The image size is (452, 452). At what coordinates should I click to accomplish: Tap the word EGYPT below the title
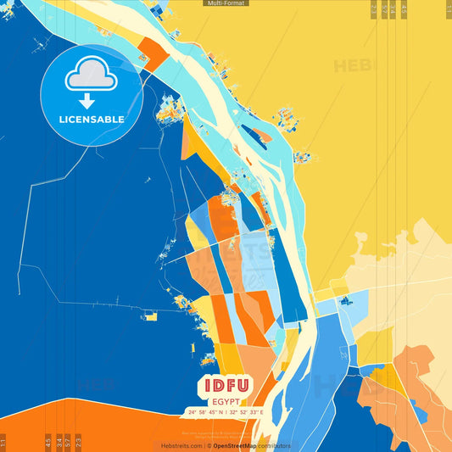click(x=226, y=402)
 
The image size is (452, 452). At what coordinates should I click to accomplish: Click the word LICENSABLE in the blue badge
click(x=92, y=120)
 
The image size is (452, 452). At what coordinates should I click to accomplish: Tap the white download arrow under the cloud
click(x=86, y=101)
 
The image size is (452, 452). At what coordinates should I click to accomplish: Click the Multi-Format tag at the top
click(x=226, y=3)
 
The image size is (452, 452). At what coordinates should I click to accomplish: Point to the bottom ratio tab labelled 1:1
click(x=3, y=442)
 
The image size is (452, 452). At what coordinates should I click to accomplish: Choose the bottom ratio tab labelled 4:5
click(x=48, y=442)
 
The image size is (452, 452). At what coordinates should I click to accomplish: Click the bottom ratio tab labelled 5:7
click(x=68, y=442)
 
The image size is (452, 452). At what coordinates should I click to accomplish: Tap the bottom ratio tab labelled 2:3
click(x=79, y=442)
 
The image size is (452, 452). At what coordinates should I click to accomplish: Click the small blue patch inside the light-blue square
click(x=345, y=300)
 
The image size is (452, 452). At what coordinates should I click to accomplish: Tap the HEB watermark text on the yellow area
click(x=352, y=66)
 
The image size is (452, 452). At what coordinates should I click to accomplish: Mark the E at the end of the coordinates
click(x=262, y=412)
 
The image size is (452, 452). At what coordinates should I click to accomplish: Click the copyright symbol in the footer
click(x=208, y=445)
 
